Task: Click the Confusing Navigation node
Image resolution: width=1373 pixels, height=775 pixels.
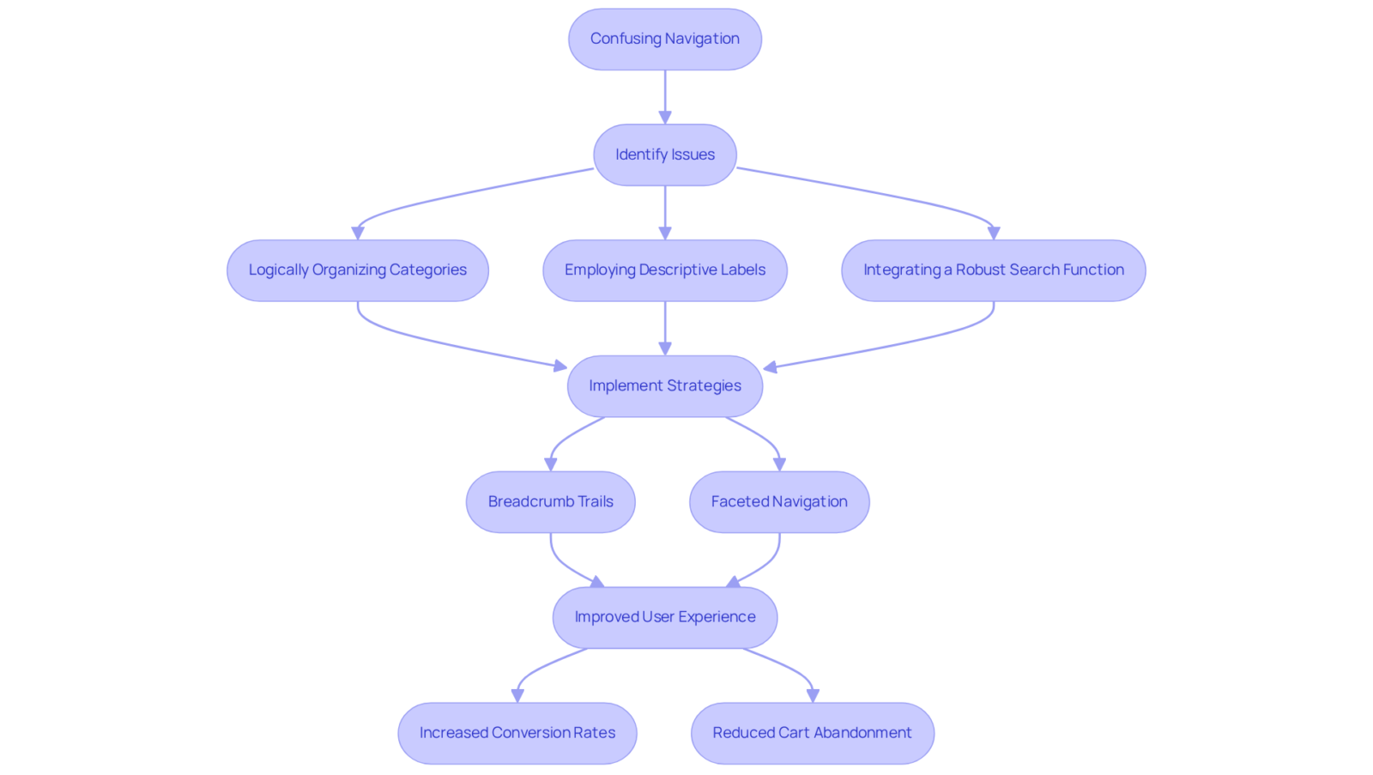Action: [665, 39]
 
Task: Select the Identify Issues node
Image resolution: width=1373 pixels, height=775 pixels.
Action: [665, 154]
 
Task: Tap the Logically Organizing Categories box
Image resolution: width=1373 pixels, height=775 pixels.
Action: [358, 269]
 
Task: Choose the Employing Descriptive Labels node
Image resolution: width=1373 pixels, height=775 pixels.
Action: [665, 269]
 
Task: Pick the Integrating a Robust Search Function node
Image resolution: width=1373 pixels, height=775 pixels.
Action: [994, 269]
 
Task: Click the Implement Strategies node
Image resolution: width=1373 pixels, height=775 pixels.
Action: [665, 385]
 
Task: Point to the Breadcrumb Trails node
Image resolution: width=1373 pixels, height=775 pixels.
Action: [550, 501]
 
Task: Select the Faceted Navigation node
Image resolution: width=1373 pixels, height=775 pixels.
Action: [780, 501]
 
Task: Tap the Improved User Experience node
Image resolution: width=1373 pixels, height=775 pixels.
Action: [665, 617]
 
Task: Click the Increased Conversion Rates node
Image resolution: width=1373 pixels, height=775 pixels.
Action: [517, 733]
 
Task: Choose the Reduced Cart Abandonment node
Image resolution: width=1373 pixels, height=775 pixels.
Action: [813, 733]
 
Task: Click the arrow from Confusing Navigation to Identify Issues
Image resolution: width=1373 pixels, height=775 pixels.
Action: [665, 97]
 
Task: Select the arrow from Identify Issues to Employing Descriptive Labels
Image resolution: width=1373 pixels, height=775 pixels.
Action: [665, 213]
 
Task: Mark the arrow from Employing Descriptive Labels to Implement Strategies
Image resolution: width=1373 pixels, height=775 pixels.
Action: [665, 328]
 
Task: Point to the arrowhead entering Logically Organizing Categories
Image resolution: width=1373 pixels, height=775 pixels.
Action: [358, 233]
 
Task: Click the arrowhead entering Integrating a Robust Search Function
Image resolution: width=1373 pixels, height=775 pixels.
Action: [994, 233]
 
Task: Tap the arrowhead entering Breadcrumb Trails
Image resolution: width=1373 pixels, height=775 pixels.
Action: [550, 465]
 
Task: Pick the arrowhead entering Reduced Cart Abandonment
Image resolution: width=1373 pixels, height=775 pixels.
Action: [813, 696]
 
